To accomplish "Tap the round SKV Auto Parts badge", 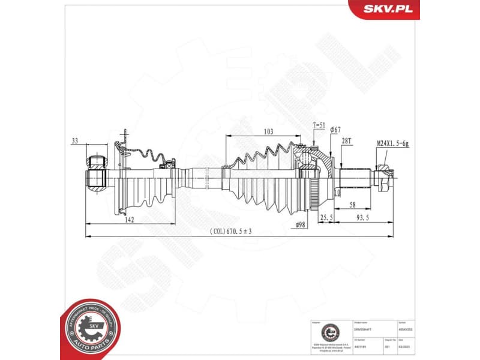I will click(90, 329).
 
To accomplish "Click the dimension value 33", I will click(74, 142).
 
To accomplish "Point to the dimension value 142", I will click(129, 220).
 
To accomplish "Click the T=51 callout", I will click(319, 125).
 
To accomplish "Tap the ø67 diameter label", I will click(335, 130).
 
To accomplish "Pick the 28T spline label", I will click(346, 141).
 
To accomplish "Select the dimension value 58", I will click(355, 205).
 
